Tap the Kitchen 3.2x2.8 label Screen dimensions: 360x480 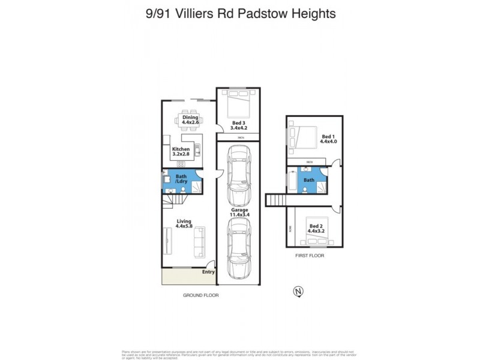(181, 152)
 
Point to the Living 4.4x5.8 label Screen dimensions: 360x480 (184, 223)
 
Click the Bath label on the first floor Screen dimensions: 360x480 (309, 179)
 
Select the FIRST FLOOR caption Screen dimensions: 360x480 (310, 256)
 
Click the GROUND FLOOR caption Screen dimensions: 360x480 (201, 295)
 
